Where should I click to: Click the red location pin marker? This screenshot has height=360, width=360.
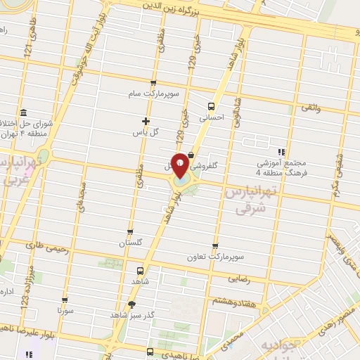(x=181, y=166)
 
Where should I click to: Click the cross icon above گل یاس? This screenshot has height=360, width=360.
(x=146, y=121)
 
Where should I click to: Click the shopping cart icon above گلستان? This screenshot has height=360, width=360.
(x=130, y=232)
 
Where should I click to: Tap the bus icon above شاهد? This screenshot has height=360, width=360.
(x=141, y=271)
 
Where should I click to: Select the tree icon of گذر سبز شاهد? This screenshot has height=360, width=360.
(x=131, y=304)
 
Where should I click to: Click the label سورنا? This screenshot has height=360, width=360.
(x=65, y=310)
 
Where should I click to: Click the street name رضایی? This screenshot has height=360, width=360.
(x=239, y=278)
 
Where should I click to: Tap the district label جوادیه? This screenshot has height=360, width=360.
(x=271, y=348)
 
